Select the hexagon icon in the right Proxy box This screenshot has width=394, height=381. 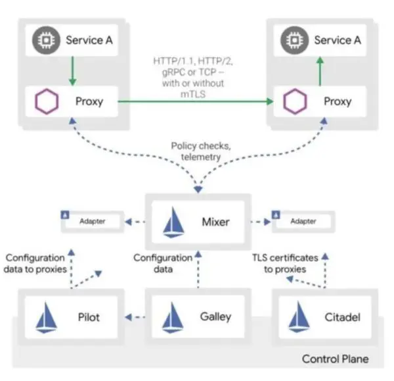(x=292, y=102)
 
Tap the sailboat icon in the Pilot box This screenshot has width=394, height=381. (x=50, y=317)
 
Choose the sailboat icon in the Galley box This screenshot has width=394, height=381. (x=175, y=317)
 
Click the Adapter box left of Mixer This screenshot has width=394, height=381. (x=93, y=221)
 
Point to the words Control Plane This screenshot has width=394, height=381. (x=334, y=359)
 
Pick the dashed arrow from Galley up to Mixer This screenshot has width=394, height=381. (x=196, y=270)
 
